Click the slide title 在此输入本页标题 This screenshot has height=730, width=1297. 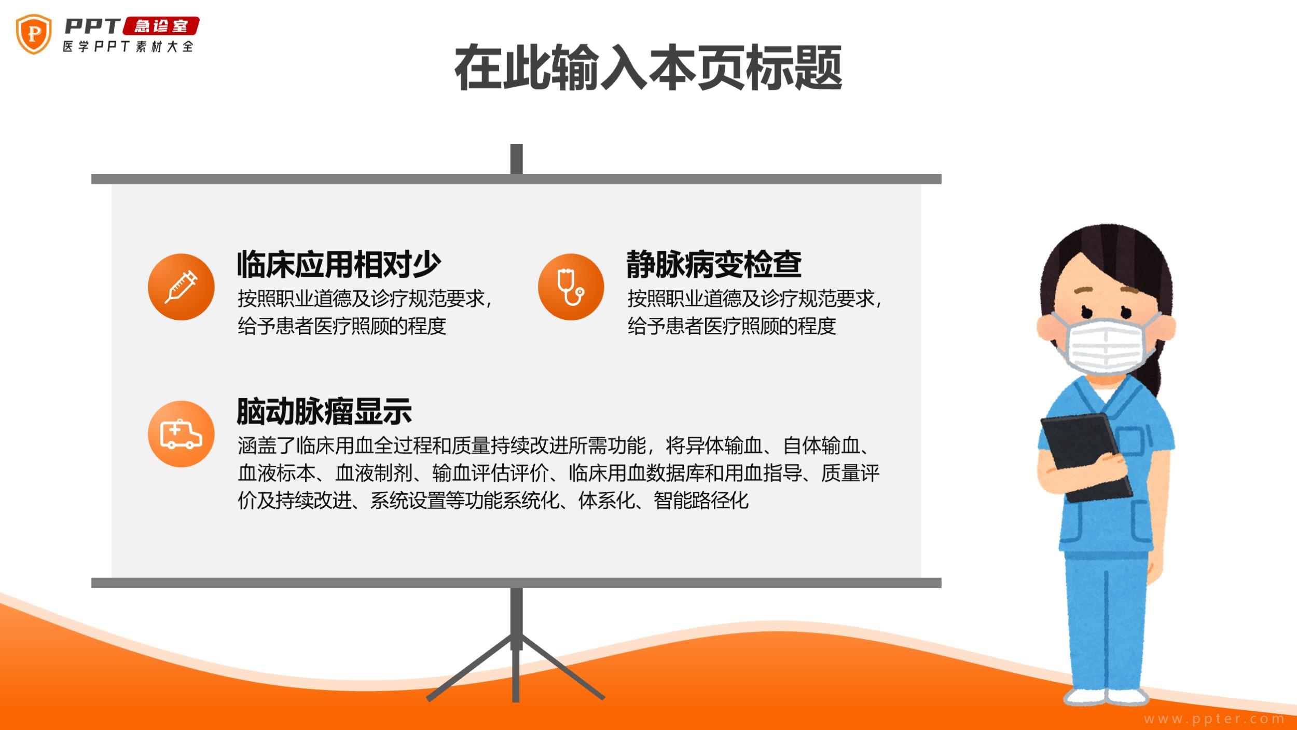click(648, 68)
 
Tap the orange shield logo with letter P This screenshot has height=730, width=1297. click(34, 34)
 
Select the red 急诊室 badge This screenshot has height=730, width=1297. click(161, 26)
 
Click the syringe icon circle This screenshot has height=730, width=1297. click(181, 287)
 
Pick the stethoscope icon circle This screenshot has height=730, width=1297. click(571, 287)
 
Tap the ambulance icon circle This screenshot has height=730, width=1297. click(181, 434)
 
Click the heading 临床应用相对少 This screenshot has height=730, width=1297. click(339, 264)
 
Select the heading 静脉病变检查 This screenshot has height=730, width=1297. click(714, 264)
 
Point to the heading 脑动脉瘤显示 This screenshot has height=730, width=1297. click(324, 412)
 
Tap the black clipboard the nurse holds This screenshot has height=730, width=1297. click(1086, 457)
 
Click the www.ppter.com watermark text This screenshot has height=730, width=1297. click(1214, 719)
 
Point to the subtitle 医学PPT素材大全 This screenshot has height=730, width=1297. click(128, 47)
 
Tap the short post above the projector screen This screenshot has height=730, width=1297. click(516, 159)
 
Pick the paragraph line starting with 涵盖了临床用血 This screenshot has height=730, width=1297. click(555, 445)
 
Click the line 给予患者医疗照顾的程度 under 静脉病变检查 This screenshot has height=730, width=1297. click(732, 326)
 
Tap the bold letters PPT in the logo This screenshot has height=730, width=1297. click(92, 26)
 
